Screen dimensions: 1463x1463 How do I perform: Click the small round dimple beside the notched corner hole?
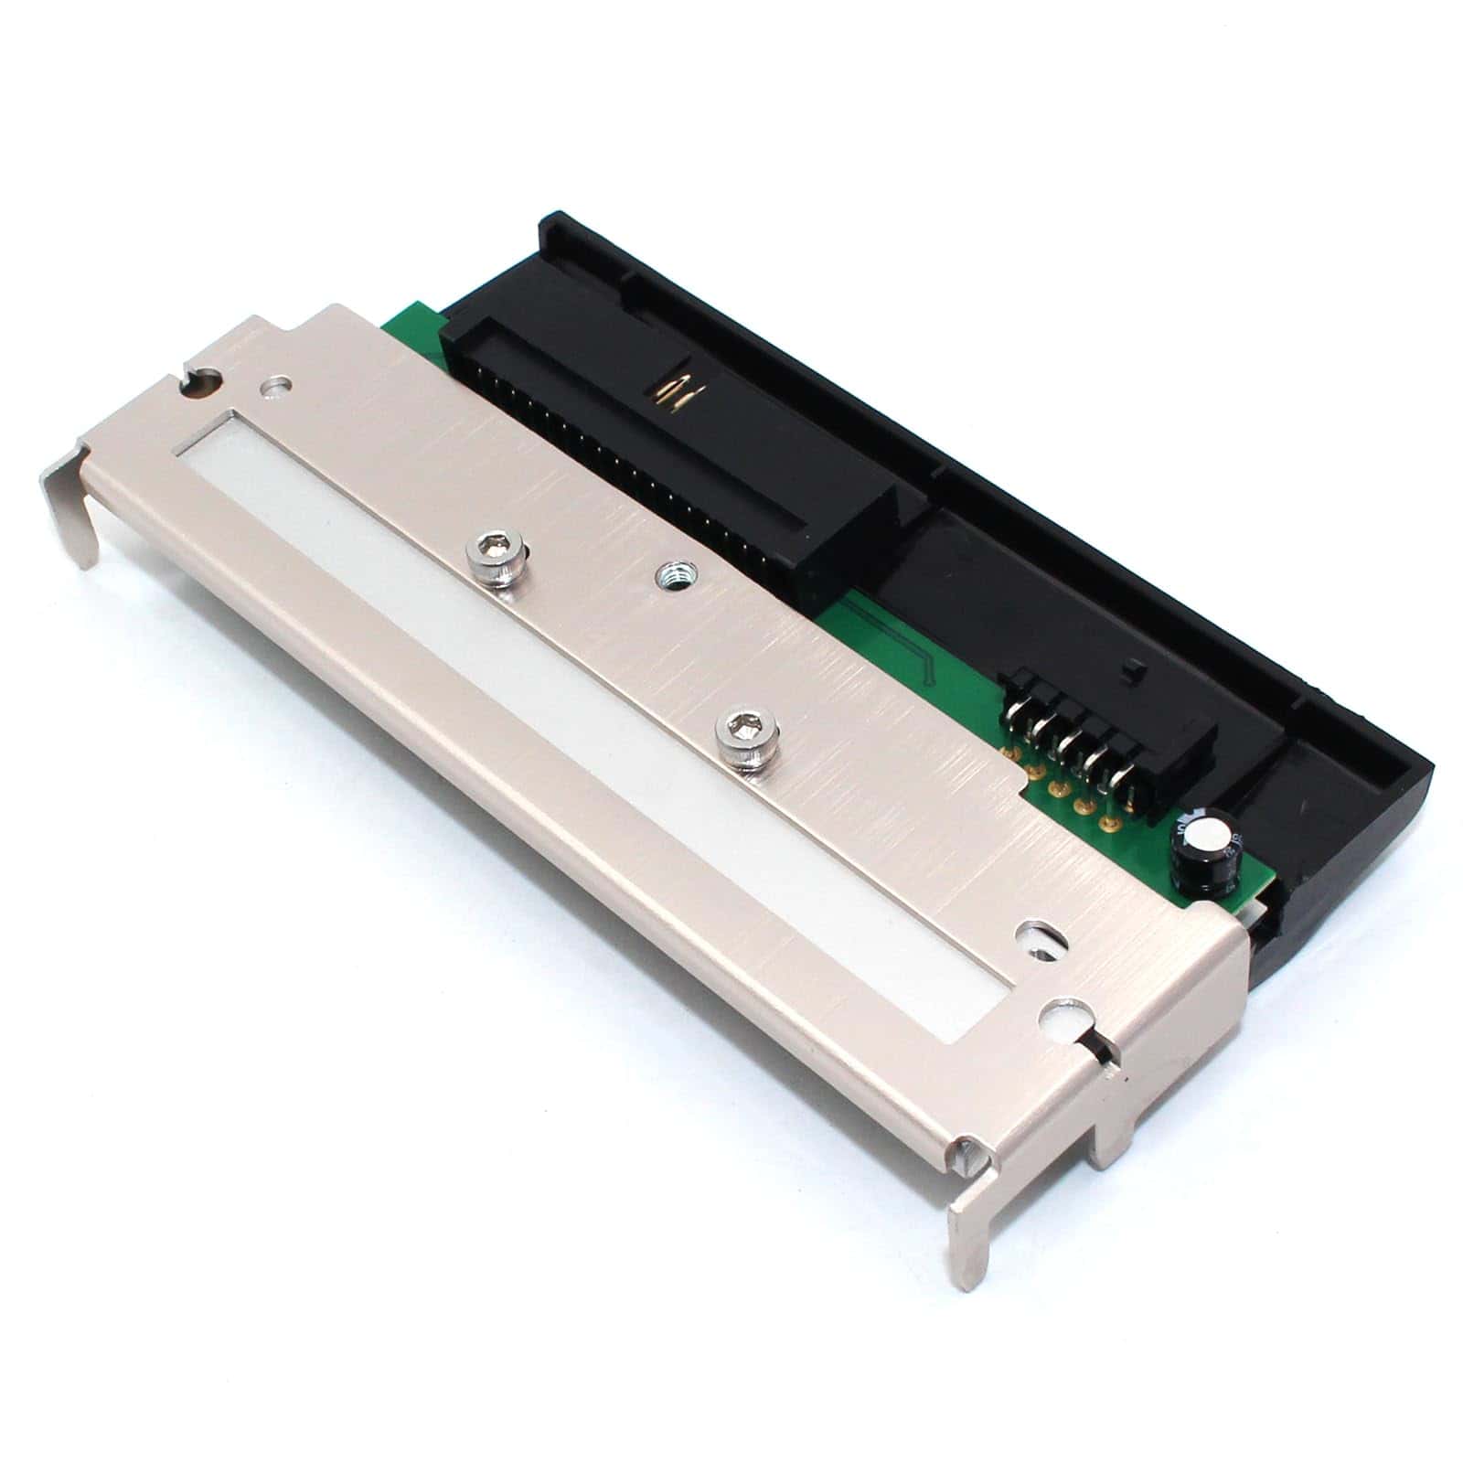pyautogui.click(x=275, y=388)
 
